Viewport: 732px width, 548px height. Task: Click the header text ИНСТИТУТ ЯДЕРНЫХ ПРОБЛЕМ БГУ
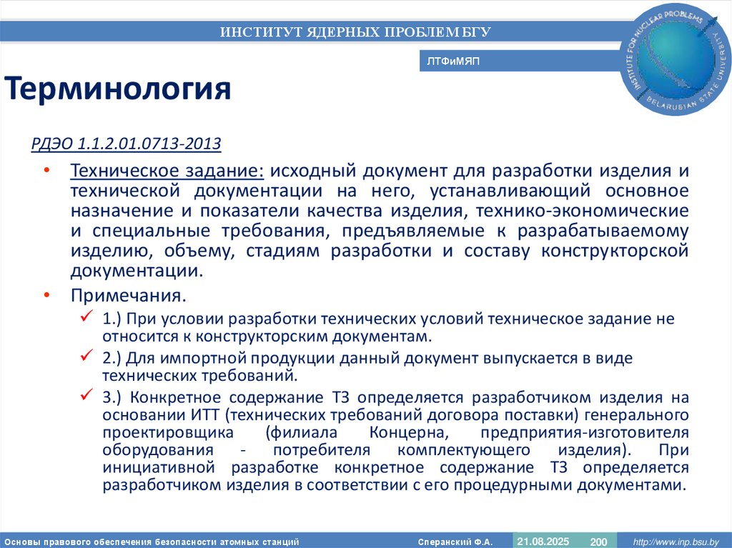click(x=355, y=31)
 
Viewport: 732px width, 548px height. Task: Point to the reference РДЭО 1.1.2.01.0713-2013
click(x=126, y=144)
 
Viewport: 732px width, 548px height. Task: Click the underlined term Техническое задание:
click(x=167, y=171)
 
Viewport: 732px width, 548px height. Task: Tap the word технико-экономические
click(x=608, y=211)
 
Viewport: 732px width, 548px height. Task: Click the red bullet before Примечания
click(x=46, y=295)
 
